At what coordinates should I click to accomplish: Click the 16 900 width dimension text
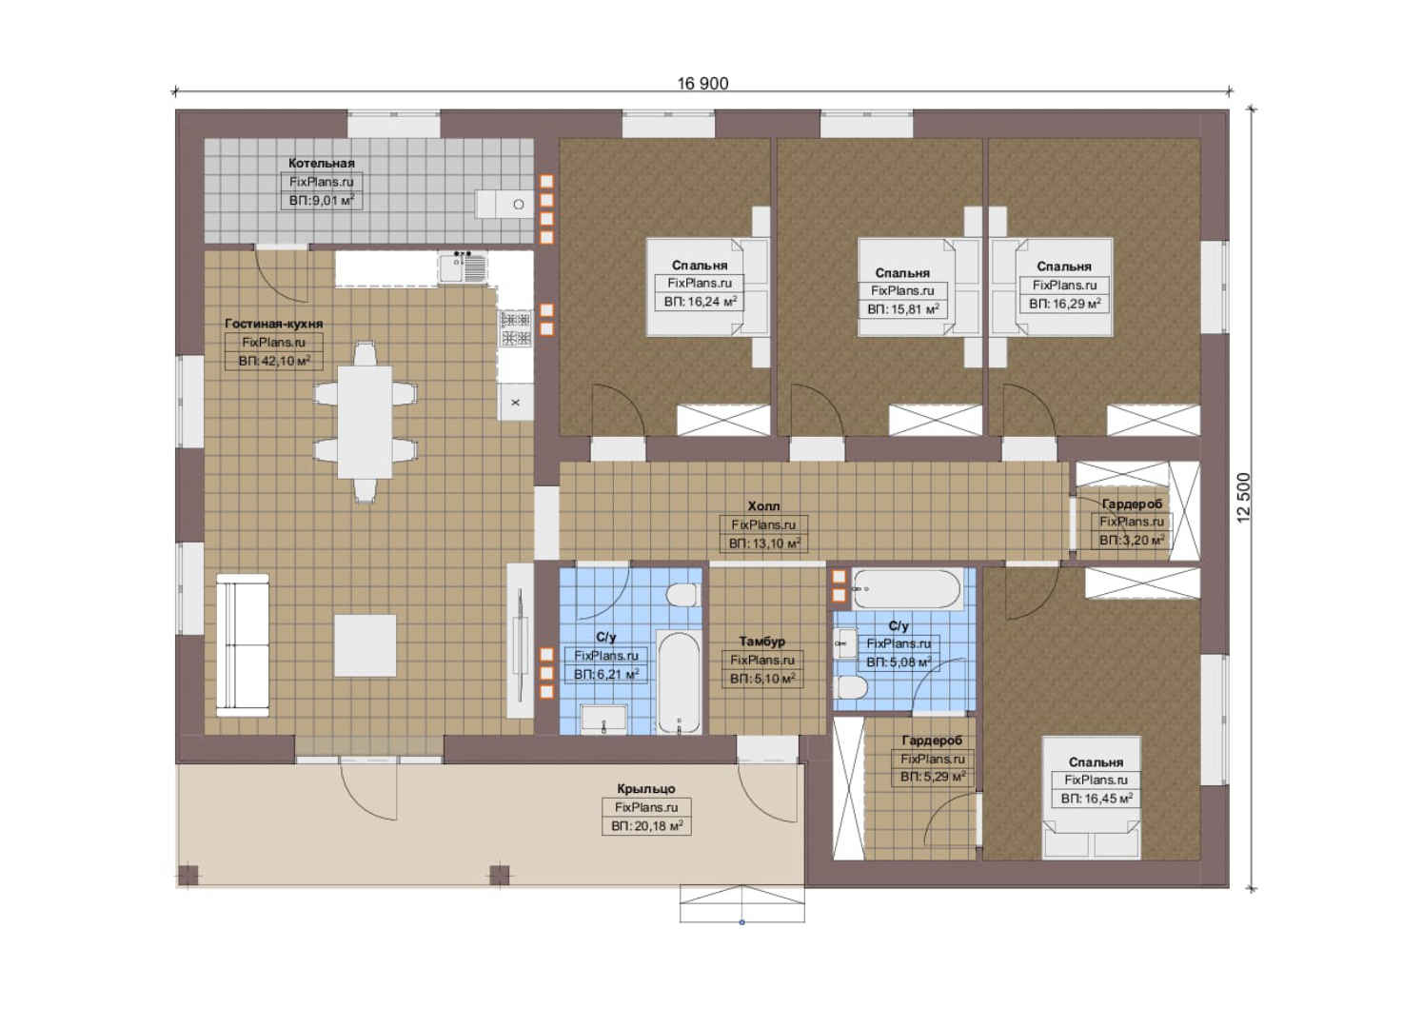coord(702,84)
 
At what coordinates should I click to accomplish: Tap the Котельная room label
coord(322,163)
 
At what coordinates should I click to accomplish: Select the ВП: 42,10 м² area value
coord(274,361)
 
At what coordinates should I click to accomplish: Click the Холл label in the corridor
coord(763,505)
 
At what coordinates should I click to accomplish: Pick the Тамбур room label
coord(761,641)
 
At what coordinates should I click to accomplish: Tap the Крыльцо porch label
coord(645,789)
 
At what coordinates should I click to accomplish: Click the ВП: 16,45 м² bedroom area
coord(1097,799)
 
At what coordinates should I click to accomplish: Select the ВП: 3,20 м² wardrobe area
coord(1132,540)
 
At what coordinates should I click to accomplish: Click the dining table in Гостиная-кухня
coord(366,422)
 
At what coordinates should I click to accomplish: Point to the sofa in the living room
coord(243,645)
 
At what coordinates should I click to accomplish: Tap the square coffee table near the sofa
coord(365,645)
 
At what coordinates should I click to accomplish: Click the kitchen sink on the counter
coord(463,268)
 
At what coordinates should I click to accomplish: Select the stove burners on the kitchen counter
coord(515,329)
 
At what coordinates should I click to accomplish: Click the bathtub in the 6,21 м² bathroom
coord(679,682)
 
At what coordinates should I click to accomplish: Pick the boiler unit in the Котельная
coord(503,205)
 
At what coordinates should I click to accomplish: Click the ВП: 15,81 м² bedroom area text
coord(902,308)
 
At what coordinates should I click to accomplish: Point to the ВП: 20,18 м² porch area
coord(646,826)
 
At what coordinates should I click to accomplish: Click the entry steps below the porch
coord(741,903)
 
